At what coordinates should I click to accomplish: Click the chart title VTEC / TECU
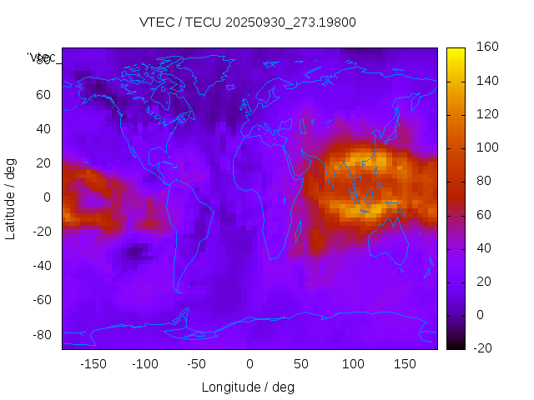point(248,22)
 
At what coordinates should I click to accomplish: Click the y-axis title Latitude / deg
point(11,197)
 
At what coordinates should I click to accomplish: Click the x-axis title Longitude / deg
point(248,387)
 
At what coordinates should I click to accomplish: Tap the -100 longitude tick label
point(145,364)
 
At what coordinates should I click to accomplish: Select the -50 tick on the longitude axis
point(198,364)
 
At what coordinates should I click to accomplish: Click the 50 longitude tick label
point(301,364)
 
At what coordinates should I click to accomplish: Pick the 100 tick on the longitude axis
point(353,364)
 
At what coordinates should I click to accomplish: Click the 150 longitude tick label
point(405,364)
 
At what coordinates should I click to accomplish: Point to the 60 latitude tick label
point(43,94)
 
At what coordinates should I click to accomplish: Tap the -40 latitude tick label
point(41,266)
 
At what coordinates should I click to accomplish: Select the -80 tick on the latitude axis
point(41,334)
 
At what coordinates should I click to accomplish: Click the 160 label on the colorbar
point(486,47)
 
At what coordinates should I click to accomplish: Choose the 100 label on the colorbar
point(486,147)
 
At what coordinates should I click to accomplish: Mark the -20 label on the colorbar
point(486,348)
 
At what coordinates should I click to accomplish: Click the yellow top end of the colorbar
point(456,51)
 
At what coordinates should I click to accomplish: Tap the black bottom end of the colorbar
point(456,345)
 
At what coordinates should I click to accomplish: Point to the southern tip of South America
point(178,291)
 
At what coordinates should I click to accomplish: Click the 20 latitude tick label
point(43,162)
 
